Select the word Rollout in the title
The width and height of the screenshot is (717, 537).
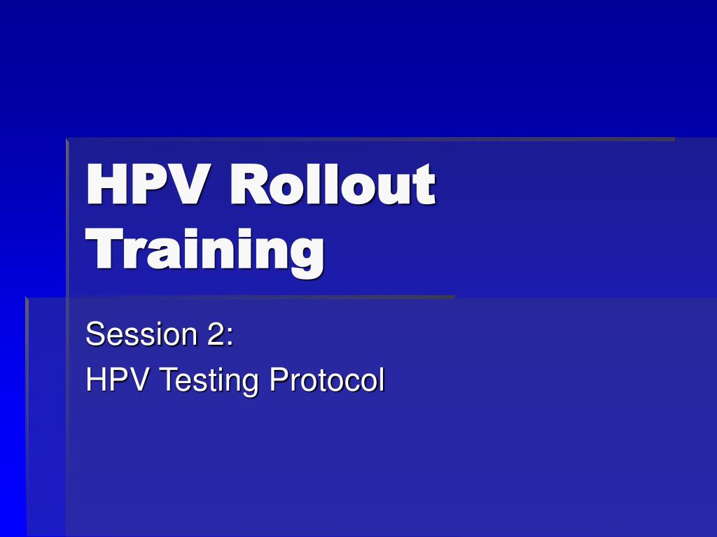pos(333,184)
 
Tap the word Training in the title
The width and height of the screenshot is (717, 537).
pos(205,252)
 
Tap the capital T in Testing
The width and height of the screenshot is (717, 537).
pos(169,380)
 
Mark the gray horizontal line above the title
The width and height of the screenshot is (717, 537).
pos(371,139)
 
